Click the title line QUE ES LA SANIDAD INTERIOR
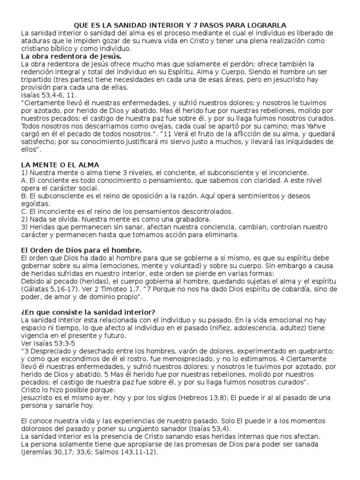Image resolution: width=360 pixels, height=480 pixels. pos(180,25)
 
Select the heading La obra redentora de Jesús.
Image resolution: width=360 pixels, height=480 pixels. pos(72,56)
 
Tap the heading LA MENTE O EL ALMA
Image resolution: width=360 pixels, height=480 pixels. pos(60,165)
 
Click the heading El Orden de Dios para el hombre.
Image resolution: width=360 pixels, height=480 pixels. pos(82,250)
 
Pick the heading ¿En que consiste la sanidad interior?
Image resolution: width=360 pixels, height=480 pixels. pos(89,312)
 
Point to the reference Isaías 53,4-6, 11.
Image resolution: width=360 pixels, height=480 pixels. pos(48,94)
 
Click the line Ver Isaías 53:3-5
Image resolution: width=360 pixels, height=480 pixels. pos(49,343)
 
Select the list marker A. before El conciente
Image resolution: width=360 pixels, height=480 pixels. pos(24,180)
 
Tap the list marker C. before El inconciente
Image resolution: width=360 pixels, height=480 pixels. pos(24,211)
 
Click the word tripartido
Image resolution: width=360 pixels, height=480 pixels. pos(39,79)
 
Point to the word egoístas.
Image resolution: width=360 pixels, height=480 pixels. pos(36,203)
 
